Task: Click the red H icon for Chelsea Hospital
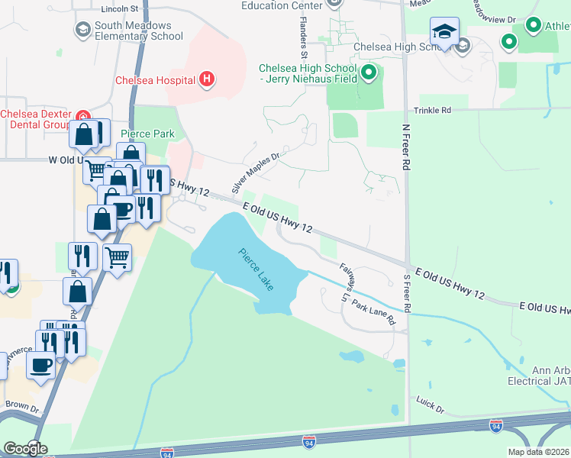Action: (205, 79)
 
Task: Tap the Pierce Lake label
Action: (256, 274)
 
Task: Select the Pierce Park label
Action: (147, 134)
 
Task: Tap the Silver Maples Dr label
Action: (256, 173)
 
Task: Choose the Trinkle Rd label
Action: (432, 110)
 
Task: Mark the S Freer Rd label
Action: (407, 293)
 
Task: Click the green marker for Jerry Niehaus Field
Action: (369, 73)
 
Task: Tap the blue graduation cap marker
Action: (444, 33)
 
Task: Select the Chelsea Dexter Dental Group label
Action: (35, 119)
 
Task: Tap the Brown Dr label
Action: (21, 404)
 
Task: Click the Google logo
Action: (25, 449)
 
